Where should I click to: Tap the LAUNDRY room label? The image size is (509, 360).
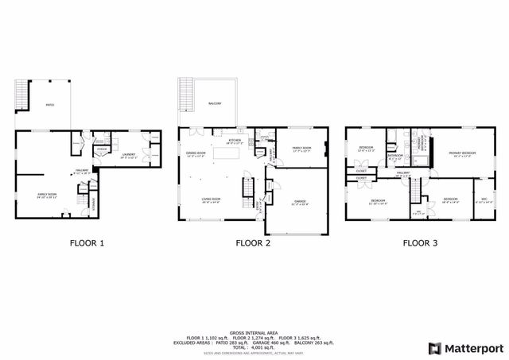tap(129, 154)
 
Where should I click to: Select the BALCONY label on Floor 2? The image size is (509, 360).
tap(216, 103)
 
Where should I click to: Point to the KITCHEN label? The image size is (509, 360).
tap(235, 141)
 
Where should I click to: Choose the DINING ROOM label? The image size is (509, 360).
tap(196, 153)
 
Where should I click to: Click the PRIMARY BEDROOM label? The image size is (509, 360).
tap(462, 154)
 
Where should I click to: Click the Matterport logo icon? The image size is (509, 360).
tap(433, 347)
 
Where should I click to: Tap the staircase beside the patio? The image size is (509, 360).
tap(22, 95)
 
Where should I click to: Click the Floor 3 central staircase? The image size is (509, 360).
tap(414, 190)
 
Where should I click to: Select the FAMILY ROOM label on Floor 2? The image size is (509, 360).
tap(301, 149)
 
